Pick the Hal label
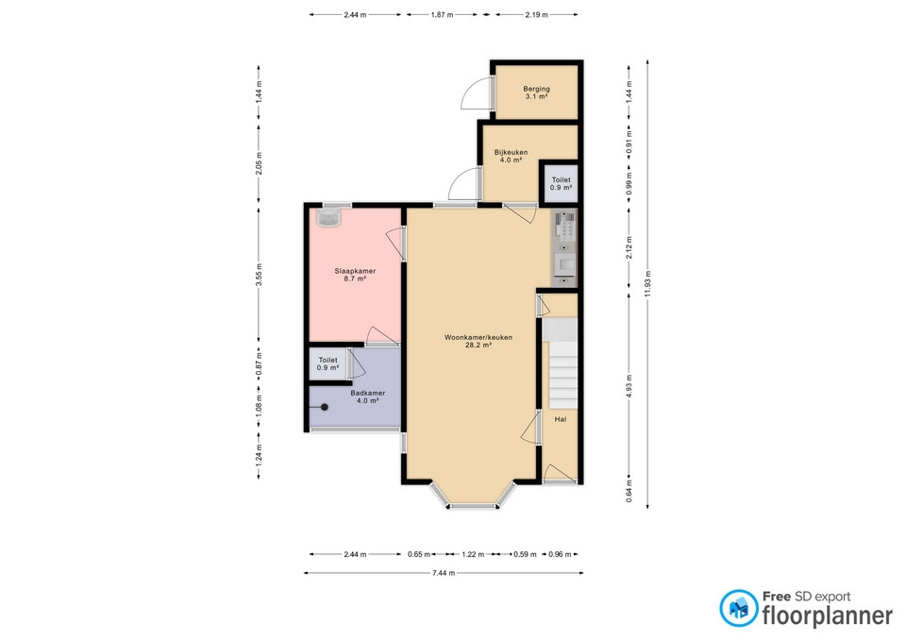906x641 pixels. [561, 420]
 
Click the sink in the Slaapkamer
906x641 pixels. [328, 218]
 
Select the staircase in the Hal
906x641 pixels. [560, 364]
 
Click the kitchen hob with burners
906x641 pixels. [565, 226]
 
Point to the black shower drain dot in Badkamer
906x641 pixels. [325, 408]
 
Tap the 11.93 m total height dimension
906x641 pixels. [647, 284]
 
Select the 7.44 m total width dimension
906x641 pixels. [444, 573]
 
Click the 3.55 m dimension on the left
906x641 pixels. [259, 275]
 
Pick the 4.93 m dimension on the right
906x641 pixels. [629, 386]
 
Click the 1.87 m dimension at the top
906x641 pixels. [442, 15]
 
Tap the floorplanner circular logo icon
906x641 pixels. [738, 608]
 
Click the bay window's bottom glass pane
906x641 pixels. [473, 507]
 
